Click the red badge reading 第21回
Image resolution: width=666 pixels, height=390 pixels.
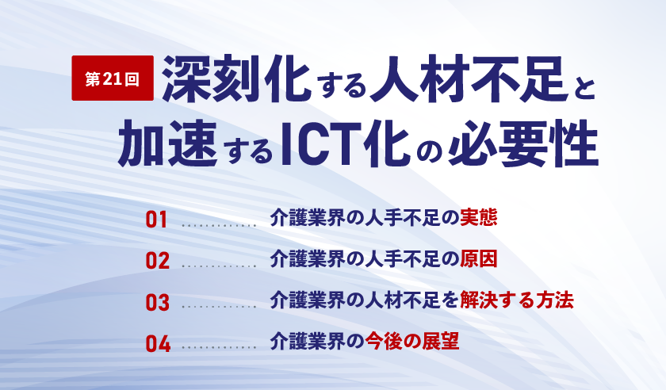pos(113,78)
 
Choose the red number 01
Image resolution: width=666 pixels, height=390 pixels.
pos(157,220)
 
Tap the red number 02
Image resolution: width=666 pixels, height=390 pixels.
pos(158,261)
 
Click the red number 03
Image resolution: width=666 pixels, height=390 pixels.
pos(158,302)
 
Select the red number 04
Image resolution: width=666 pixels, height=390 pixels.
pos(158,343)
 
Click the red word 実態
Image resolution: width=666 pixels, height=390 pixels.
pos(479,217)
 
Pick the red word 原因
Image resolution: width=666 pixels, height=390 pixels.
pos(479,258)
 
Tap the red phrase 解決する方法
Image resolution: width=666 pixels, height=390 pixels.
pos(517,300)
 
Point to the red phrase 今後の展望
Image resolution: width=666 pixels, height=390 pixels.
pos(412,341)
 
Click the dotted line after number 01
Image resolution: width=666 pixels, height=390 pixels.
pos(219,226)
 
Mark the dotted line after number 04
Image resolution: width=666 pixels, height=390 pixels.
pos(219,347)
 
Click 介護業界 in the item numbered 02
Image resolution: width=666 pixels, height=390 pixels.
pos(307,258)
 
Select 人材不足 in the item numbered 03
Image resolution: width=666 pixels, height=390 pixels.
pos(402,300)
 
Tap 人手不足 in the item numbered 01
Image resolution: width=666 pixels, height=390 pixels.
pos(402,217)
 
